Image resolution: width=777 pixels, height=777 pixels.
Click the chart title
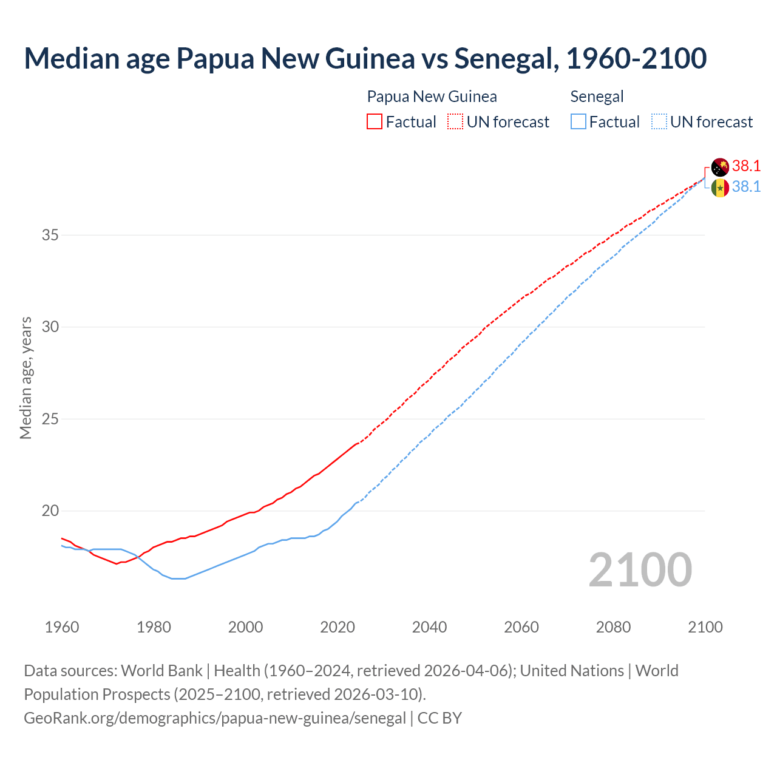pos(365,58)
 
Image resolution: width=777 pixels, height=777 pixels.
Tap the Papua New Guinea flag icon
pos(720,167)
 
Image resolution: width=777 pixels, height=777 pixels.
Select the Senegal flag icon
pos(720,188)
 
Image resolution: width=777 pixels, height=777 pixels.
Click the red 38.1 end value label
pos(746,166)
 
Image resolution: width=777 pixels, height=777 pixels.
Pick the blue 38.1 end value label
pos(746,187)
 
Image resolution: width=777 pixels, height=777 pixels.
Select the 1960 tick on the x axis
pos(62,627)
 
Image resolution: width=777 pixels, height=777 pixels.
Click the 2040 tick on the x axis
pos(429,627)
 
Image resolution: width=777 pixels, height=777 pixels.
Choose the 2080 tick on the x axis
pos(613,627)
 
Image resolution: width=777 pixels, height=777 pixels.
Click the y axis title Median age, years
pos(25,378)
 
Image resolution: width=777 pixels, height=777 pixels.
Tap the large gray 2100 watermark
pos(640,569)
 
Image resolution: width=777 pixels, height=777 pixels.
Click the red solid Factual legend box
pos(375,122)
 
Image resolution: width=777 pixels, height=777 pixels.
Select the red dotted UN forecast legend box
pos(455,122)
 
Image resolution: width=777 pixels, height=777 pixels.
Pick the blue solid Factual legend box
pos(578,122)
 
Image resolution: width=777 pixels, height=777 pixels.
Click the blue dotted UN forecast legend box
pos(659,122)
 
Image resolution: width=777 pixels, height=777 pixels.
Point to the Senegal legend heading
pos(597,97)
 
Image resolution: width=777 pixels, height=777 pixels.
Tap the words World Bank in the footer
pos(161,671)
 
